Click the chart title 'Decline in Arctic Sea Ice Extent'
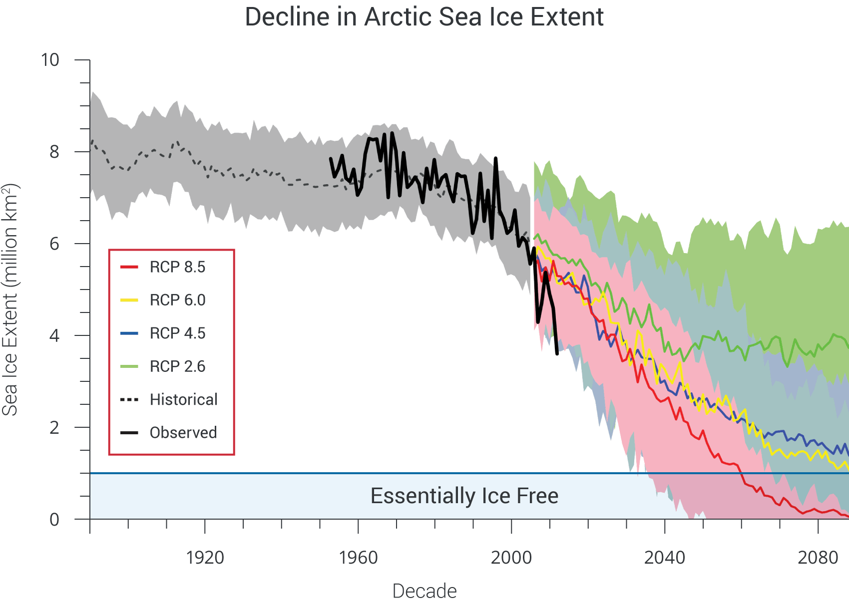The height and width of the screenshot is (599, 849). coord(424,17)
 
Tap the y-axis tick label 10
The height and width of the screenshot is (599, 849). coord(50,60)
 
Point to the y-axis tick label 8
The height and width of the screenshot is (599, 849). coord(54,152)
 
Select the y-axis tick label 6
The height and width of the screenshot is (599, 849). coord(54,244)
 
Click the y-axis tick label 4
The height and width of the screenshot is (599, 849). coord(54,335)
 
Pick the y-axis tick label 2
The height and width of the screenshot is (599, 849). coord(54,427)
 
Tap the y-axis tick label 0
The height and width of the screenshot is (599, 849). coord(54,519)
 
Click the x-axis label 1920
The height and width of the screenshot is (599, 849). coord(205,557)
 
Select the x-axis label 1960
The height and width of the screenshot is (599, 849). coord(358,557)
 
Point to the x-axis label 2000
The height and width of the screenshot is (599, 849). coord(511,557)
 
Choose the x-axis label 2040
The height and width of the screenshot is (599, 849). coord(665,557)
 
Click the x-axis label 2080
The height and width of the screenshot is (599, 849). coord(818,557)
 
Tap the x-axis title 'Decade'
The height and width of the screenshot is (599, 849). coord(424,591)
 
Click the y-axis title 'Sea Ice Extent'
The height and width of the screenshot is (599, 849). coord(10,299)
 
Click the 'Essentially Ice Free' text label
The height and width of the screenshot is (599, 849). coord(464,496)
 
